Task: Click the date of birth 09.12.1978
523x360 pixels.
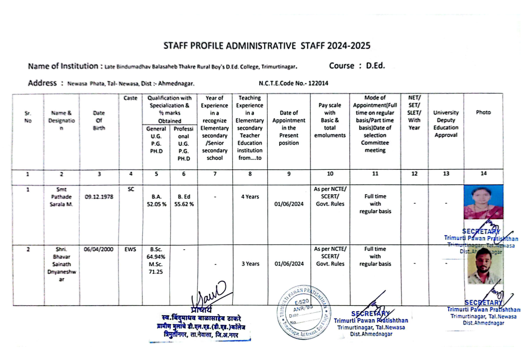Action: (99, 197)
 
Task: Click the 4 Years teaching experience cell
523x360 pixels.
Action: (250, 197)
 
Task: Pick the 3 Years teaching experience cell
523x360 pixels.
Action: (250, 264)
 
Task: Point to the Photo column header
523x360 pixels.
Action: (483, 113)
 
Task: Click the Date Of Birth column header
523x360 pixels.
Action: (99, 120)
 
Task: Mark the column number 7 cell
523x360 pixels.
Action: (214, 174)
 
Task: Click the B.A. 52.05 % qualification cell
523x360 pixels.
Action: (156, 200)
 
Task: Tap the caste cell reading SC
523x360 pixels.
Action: (130, 190)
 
